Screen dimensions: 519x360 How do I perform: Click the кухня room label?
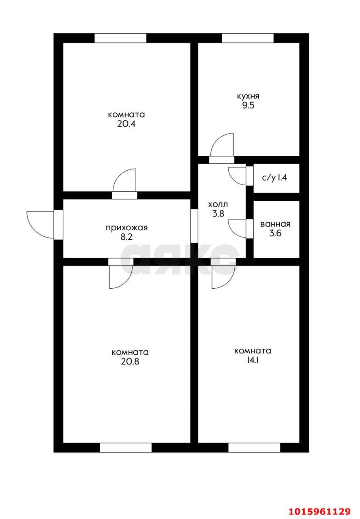pos(248,97)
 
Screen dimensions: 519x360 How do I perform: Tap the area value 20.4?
pos(126,124)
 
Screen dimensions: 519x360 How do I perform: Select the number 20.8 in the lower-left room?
pos(130,361)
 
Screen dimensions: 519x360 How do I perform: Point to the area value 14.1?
pos(253,360)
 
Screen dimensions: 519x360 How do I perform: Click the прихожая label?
pos(126,227)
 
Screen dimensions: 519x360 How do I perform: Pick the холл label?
pos(218,204)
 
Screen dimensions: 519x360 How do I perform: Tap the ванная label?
pos(275,224)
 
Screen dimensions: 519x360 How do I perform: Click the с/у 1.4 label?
pos(275,177)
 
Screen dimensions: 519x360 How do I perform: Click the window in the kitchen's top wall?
pos(248,38)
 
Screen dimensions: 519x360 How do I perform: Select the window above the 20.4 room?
pos(120,38)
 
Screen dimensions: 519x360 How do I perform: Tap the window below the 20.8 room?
pos(126,448)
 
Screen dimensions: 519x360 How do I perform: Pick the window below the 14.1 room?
pos(254,448)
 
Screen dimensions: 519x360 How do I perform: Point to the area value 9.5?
pos(248,106)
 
